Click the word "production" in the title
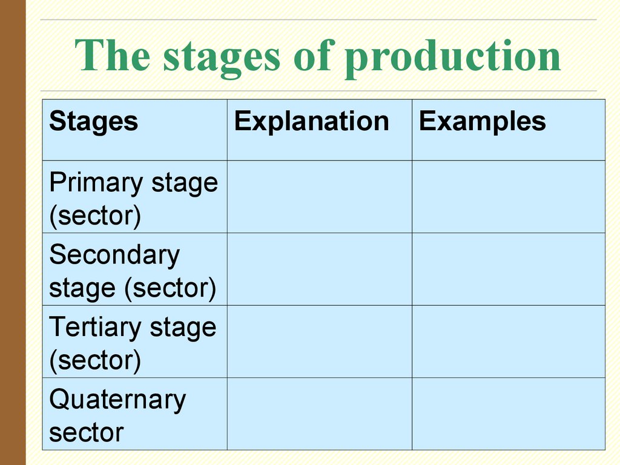coord(452,58)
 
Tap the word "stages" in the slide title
coord(222,58)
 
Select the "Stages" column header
coord(93,121)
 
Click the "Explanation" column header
coord(311,121)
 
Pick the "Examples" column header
coord(482,121)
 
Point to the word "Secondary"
coord(114,256)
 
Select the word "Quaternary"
coord(117,400)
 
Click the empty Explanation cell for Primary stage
coord(320,197)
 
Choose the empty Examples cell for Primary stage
coord(509,197)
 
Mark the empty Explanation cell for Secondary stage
coord(320,269)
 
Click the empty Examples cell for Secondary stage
coord(509,269)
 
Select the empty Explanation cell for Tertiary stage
coord(320,341)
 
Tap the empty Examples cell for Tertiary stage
coord(509,341)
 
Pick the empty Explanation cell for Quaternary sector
coord(320,414)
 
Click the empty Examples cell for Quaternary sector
coord(509,414)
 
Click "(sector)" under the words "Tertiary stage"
coord(95,361)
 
